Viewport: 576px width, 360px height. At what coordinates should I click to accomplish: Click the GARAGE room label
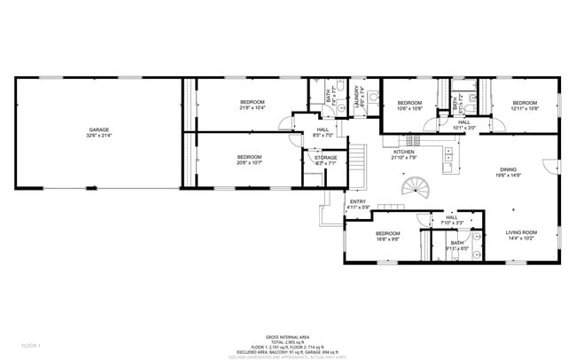pyautogui.click(x=97, y=129)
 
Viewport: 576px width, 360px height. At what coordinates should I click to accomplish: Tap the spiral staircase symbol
pyautogui.click(x=413, y=188)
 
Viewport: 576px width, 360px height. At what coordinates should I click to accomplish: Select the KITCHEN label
pyautogui.click(x=404, y=152)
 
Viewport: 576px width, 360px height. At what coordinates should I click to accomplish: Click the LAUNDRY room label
pyautogui.click(x=358, y=94)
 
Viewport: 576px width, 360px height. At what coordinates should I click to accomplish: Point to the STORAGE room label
pyautogui.click(x=325, y=157)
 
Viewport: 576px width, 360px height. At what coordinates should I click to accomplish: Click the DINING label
pyautogui.click(x=508, y=169)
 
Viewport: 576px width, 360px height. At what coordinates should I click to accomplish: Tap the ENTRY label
pyautogui.click(x=358, y=202)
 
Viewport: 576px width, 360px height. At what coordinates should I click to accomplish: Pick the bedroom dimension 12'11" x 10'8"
pyautogui.click(x=525, y=109)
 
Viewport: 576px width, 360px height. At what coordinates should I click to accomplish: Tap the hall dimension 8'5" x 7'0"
pyautogui.click(x=323, y=136)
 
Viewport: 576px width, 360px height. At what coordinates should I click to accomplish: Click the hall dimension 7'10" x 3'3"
pyautogui.click(x=451, y=222)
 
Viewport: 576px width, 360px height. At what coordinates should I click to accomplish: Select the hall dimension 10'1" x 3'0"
pyautogui.click(x=463, y=128)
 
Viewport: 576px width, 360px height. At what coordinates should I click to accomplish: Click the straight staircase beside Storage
pyautogui.click(x=355, y=161)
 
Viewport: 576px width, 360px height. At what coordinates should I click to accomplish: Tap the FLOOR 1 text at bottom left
pyautogui.click(x=30, y=343)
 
